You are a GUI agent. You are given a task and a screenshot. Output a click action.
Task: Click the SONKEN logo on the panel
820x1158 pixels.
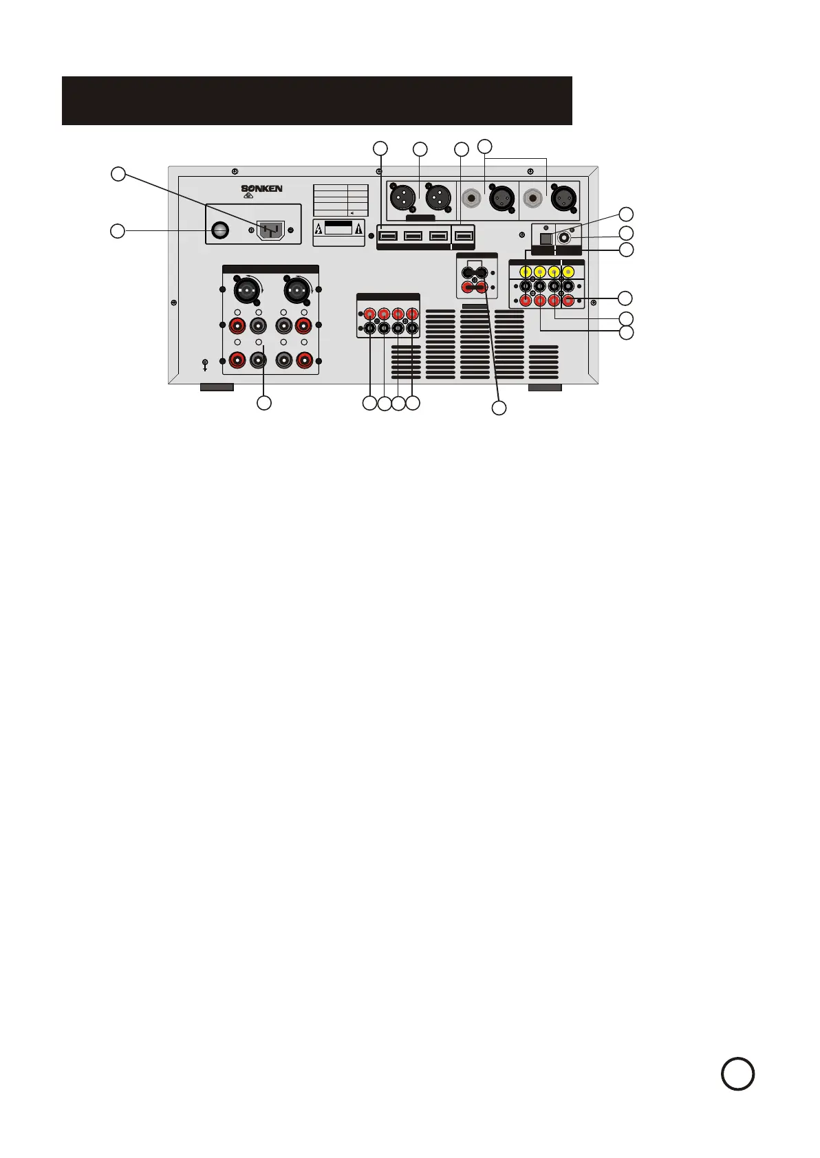point(261,188)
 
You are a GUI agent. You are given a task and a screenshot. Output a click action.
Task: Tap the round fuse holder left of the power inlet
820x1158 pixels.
point(219,230)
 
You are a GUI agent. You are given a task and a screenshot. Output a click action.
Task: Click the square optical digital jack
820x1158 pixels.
point(546,239)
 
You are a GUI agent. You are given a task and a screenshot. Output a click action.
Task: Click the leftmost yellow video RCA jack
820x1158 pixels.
point(526,272)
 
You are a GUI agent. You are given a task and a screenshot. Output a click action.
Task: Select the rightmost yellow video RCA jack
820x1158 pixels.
point(568,272)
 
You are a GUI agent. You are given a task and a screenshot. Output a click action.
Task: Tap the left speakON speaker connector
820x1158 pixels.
point(246,292)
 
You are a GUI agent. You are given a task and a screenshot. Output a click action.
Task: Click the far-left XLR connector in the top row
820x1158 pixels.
point(401,198)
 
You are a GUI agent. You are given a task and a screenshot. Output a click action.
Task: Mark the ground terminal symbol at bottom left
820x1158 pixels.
point(204,364)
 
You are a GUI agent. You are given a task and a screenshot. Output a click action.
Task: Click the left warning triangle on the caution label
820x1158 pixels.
point(319,229)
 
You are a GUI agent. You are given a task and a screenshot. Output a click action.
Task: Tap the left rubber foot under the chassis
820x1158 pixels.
point(216,387)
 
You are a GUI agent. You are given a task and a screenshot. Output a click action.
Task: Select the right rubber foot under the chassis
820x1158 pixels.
point(545,387)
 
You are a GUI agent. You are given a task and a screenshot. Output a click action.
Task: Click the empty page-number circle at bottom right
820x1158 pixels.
point(737,1073)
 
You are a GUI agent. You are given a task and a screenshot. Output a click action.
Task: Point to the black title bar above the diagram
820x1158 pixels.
point(316,100)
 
